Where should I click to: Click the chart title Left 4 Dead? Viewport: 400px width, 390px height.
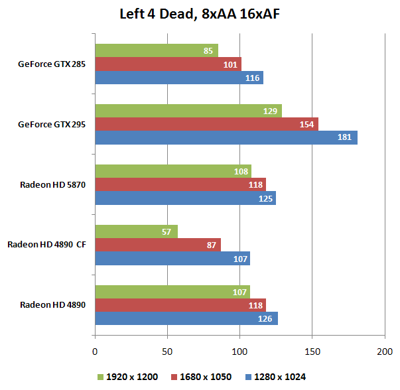(x=200, y=14)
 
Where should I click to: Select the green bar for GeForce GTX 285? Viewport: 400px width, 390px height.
(x=157, y=50)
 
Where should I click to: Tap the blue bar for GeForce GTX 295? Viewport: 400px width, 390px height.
(x=226, y=138)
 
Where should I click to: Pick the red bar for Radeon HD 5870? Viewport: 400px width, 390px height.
(x=180, y=184)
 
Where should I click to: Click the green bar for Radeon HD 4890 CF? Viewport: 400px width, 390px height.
(x=136, y=231)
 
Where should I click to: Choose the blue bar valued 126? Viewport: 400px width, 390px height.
(x=186, y=319)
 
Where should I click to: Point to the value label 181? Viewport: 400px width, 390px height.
(x=344, y=138)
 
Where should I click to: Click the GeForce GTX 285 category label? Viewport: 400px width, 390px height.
(x=52, y=64)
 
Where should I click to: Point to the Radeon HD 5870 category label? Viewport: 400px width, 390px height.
(x=53, y=184)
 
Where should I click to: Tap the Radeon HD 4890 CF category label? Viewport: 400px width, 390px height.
(x=46, y=245)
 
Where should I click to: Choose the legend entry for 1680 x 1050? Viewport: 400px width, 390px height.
(x=204, y=377)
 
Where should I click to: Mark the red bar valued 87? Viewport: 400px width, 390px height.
(x=158, y=245)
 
